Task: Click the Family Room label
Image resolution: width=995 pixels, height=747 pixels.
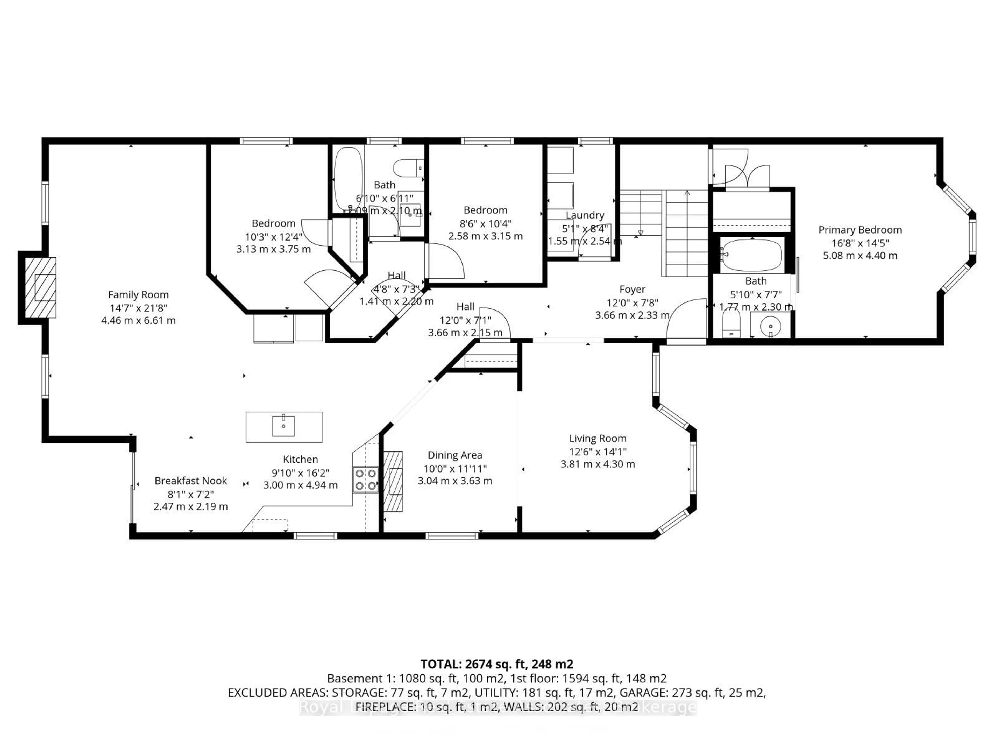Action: [x=138, y=295]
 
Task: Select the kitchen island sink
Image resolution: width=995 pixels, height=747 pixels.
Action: [x=283, y=426]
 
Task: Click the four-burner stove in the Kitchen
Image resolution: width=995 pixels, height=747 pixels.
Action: [x=365, y=479]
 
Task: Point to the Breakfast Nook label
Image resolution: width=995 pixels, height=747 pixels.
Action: [x=191, y=481]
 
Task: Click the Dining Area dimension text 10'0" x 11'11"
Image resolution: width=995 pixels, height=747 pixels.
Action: [x=455, y=468]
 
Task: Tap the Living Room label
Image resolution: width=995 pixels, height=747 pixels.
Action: [x=597, y=438]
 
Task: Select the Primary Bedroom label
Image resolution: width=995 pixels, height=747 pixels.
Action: [x=859, y=230]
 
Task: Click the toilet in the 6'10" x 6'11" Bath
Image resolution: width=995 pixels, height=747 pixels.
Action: [x=407, y=168]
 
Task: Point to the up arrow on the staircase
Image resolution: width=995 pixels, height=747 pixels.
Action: [x=687, y=194]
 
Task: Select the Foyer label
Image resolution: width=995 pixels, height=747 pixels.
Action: [x=632, y=289]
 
